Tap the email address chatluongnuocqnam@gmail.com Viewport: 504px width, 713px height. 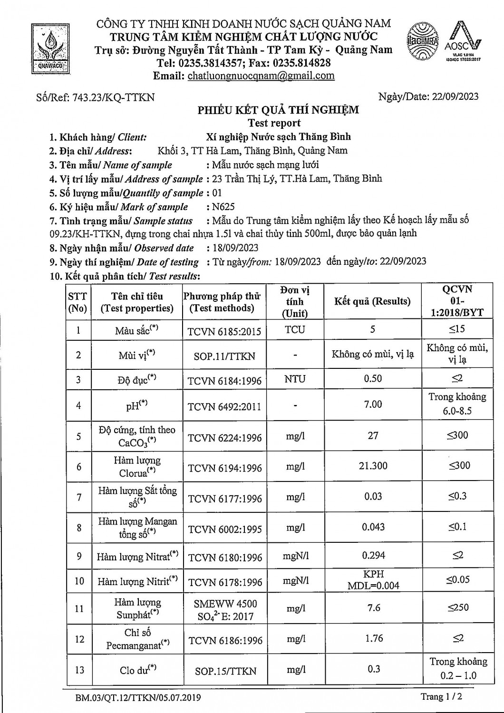click(261, 76)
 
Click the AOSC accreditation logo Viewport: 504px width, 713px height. click(463, 42)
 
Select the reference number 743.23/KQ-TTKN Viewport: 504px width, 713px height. click(113, 97)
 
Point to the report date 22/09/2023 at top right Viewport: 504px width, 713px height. click(456, 96)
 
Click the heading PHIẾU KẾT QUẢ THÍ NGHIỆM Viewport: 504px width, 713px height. click(278, 110)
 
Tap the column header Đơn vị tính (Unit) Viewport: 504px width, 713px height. click(295, 301)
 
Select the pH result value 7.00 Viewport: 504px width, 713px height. click(373, 405)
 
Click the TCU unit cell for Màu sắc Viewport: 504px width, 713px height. click(295, 330)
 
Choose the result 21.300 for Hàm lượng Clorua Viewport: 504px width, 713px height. click(373, 466)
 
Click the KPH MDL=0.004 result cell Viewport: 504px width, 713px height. click(373, 580)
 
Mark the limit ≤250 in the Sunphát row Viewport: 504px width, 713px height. click(458, 607)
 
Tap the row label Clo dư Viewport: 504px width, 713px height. click(138, 670)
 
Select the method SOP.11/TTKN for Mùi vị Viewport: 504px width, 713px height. click(224, 356)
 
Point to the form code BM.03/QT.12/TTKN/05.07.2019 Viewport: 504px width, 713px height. click(138, 698)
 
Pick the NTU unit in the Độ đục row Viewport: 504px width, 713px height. click(295, 379)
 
